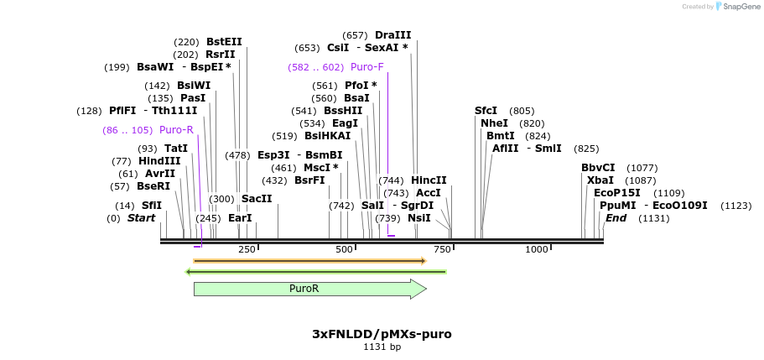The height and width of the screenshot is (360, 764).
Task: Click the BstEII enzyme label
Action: [224, 41]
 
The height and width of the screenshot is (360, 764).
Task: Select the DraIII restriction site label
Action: [393, 35]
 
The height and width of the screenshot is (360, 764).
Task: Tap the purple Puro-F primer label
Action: [367, 67]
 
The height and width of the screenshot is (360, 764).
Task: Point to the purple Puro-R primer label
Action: [176, 130]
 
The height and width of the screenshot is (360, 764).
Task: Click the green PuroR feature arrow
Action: [309, 289]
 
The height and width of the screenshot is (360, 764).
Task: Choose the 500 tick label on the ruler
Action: [345, 249]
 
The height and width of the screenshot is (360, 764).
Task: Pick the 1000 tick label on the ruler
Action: [537, 249]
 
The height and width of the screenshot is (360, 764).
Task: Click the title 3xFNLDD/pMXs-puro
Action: [382, 334]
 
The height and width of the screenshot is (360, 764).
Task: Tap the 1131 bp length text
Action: [382, 347]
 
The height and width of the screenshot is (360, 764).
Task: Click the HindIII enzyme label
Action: [159, 161]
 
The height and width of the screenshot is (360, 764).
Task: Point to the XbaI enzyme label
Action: [600, 180]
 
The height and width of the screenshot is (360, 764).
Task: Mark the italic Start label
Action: [142, 218]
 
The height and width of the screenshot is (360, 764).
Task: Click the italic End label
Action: [616, 218]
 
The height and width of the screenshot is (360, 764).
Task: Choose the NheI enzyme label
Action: [494, 123]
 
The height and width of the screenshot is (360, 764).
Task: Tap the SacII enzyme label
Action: [257, 199]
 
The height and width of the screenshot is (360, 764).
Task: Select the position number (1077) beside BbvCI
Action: [642, 168]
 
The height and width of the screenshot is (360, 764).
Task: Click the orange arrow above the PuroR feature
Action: [309, 261]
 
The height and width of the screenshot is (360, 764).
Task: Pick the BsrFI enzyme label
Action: [309, 180]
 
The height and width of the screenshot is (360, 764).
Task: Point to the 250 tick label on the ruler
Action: [247, 249]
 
